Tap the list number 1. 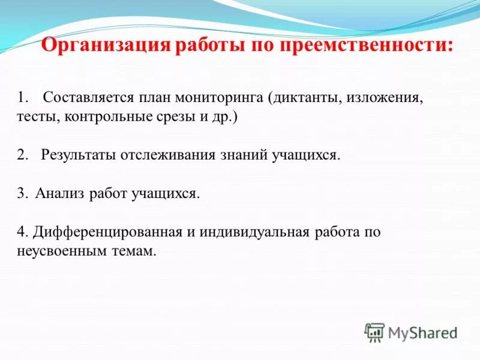coord(22,97)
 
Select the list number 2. coord(22,155)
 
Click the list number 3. coord(22,193)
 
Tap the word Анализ coord(59,193)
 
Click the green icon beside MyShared coord(375,331)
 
